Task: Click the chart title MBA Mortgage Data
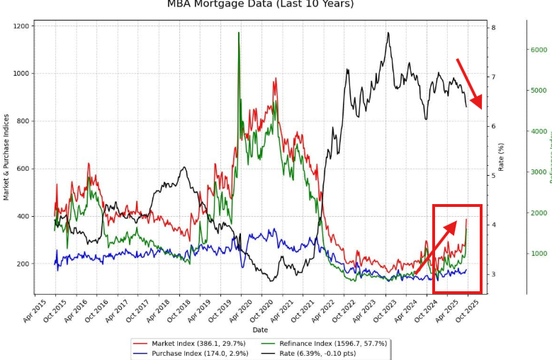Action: pos(260,4)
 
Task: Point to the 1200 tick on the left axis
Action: pos(21,26)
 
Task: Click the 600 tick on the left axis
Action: pos(23,169)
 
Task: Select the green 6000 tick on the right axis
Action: pos(539,50)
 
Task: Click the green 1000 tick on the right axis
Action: pos(539,254)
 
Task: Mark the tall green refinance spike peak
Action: pos(239,33)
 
